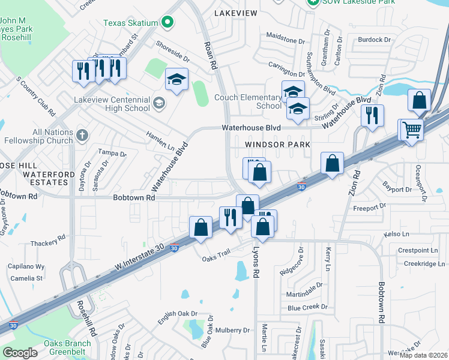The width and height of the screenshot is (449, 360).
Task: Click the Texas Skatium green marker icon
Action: (168, 23)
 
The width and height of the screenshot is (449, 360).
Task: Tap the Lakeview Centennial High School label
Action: (112, 104)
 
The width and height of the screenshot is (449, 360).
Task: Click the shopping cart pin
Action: (412, 130)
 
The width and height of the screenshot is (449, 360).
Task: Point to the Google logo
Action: (20, 352)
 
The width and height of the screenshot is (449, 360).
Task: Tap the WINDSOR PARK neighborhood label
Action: (277, 145)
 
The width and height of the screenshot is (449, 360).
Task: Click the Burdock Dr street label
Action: (374, 40)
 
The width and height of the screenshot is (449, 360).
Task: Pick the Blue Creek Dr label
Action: (307, 307)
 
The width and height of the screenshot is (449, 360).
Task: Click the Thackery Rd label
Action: (47, 242)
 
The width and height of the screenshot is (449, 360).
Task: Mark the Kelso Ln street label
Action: (396, 233)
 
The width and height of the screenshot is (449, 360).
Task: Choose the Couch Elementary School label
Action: (252, 101)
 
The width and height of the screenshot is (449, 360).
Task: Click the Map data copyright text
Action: (424, 355)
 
